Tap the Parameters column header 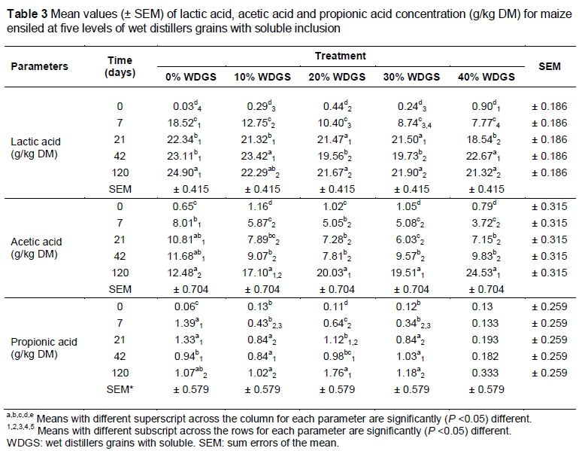(x=39, y=66)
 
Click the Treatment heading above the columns (x=341, y=56)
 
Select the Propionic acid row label (x=42, y=348)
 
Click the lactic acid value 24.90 (x=189, y=174)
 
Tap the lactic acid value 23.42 (x=263, y=158)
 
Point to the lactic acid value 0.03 (x=189, y=107)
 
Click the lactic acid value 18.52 (x=189, y=123)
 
